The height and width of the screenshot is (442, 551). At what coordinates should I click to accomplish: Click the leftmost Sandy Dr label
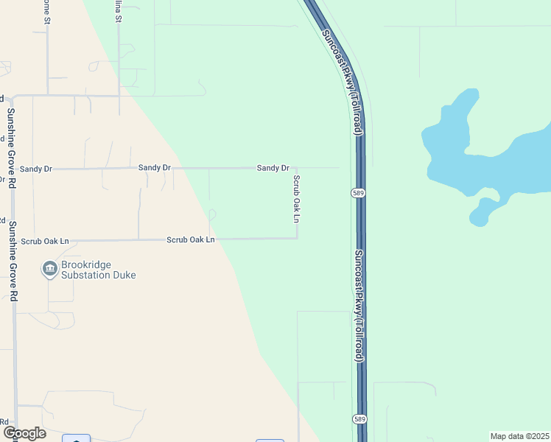[x=36, y=169]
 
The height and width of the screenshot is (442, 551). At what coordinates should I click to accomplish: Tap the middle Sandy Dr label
[x=155, y=168]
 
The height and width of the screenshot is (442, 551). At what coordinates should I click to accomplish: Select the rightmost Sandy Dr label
[x=273, y=168]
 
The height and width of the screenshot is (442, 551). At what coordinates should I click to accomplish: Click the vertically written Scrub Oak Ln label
[x=297, y=199]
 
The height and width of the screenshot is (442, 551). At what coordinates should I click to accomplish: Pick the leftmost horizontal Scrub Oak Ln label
[x=45, y=241]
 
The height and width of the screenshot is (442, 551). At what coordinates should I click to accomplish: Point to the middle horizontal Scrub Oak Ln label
[x=190, y=239]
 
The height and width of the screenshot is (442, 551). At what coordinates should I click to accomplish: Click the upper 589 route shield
[x=358, y=193]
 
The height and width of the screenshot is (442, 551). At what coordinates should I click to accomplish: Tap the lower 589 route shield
[x=358, y=418]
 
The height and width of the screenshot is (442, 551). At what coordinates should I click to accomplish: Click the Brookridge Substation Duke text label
[x=99, y=270]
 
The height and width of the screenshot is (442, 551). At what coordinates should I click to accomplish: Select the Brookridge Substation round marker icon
[x=50, y=270]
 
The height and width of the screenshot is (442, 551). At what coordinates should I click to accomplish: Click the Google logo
[x=24, y=433]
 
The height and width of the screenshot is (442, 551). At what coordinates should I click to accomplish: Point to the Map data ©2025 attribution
[x=519, y=436]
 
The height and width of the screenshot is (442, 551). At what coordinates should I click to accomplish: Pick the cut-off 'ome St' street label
[x=46, y=12]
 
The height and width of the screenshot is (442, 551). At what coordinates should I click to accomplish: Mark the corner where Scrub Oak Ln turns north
[x=297, y=238]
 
